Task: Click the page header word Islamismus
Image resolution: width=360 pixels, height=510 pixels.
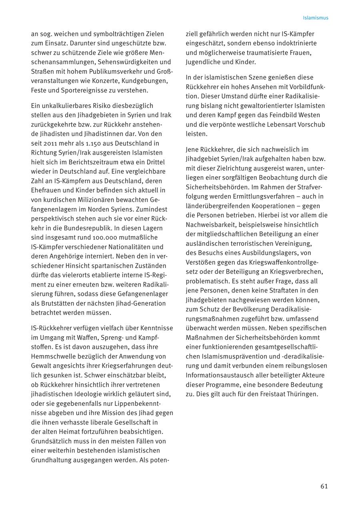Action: pos(316,18)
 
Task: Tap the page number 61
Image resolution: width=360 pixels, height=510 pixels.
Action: pos(324,486)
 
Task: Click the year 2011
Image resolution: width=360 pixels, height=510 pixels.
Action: pos(51,143)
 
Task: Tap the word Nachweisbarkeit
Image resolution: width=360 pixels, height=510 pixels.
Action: pos(212,225)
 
